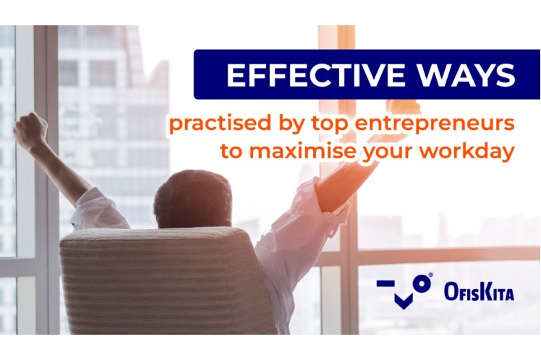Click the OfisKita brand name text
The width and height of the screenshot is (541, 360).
coord(479,292)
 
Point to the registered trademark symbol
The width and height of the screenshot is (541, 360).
coord(430,275)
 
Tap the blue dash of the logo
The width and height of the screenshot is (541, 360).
coord(385,283)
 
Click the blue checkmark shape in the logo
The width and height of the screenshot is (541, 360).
coord(404,301)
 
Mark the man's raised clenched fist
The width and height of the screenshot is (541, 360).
coord(30,128)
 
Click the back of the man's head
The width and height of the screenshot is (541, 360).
coord(192,198)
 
